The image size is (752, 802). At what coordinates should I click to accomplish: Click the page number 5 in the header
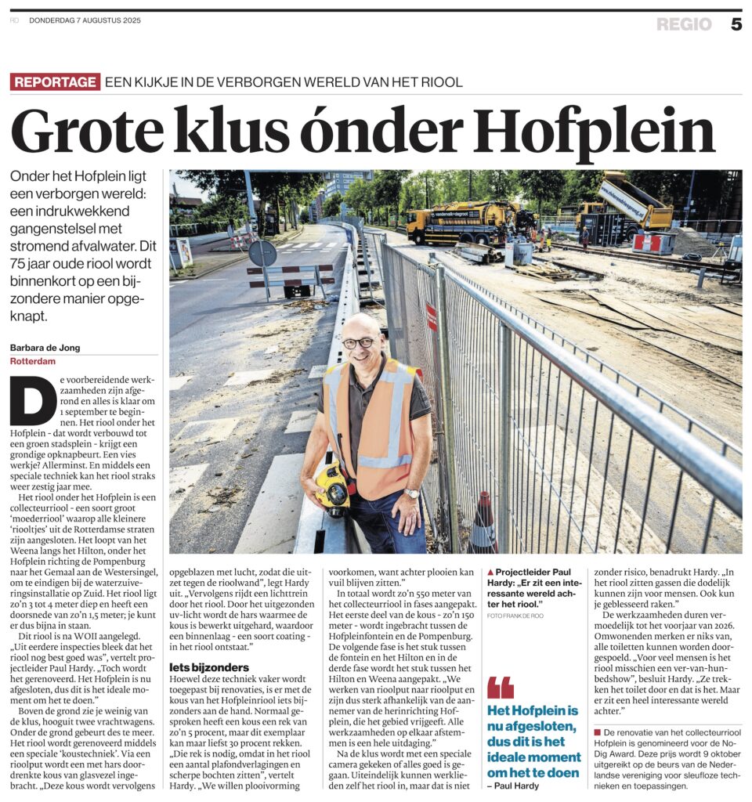tap(736, 24)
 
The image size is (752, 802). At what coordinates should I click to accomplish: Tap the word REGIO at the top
tap(684, 24)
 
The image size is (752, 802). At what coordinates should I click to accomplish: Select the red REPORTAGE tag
tap(56, 81)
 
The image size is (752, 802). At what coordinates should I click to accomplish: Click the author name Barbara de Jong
tap(45, 348)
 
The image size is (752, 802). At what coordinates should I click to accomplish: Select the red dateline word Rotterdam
tap(34, 361)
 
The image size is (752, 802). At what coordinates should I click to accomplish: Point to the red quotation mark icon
tap(500, 687)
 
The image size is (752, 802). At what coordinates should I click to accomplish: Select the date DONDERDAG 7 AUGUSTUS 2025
tap(85, 20)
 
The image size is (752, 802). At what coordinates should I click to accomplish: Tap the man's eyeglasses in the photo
tap(359, 342)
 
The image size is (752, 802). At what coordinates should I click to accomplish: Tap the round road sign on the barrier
tap(262, 252)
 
